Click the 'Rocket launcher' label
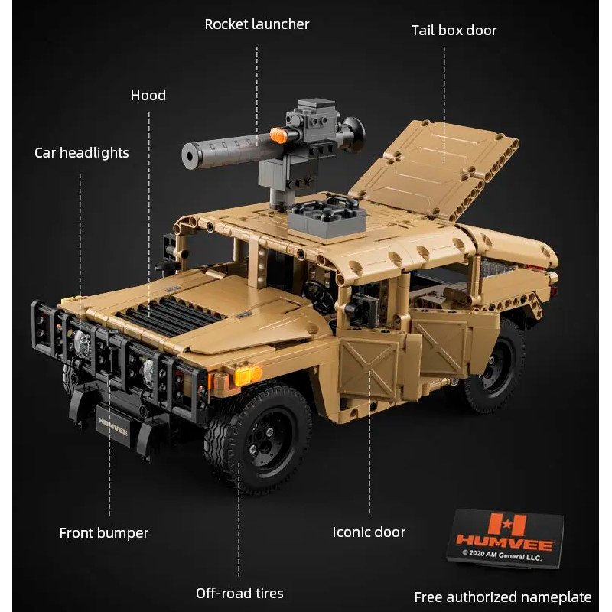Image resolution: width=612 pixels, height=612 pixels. pyautogui.click(x=257, y=24)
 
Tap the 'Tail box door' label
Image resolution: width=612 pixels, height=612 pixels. pyautogui.click(x=454, y=31)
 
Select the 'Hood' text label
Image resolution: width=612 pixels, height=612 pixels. pyautogui.click(x=148, y=95)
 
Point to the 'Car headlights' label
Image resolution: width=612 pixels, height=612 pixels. pyautogui.click(x=82, y=152)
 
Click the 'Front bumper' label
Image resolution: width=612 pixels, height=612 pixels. pyautogui.click(x=104, y=533)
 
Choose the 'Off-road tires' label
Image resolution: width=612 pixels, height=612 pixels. pyautogui.click(x=239, y=594)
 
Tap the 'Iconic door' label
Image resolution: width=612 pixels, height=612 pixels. pyautogui.click(x=369, y=532)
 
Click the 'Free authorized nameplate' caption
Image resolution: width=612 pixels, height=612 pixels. pyautogui.click(x=503, y=597)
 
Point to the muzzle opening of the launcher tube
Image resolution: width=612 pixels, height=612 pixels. pyautogui.click(x=190, y=156)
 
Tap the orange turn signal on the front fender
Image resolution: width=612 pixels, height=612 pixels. pyautogui.click(x=247, y=375)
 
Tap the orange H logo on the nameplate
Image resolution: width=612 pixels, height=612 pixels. pyautogui.click(x=506, y=524)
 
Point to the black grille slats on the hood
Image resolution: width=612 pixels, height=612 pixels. pyautogui.click(x=167, y=312)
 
